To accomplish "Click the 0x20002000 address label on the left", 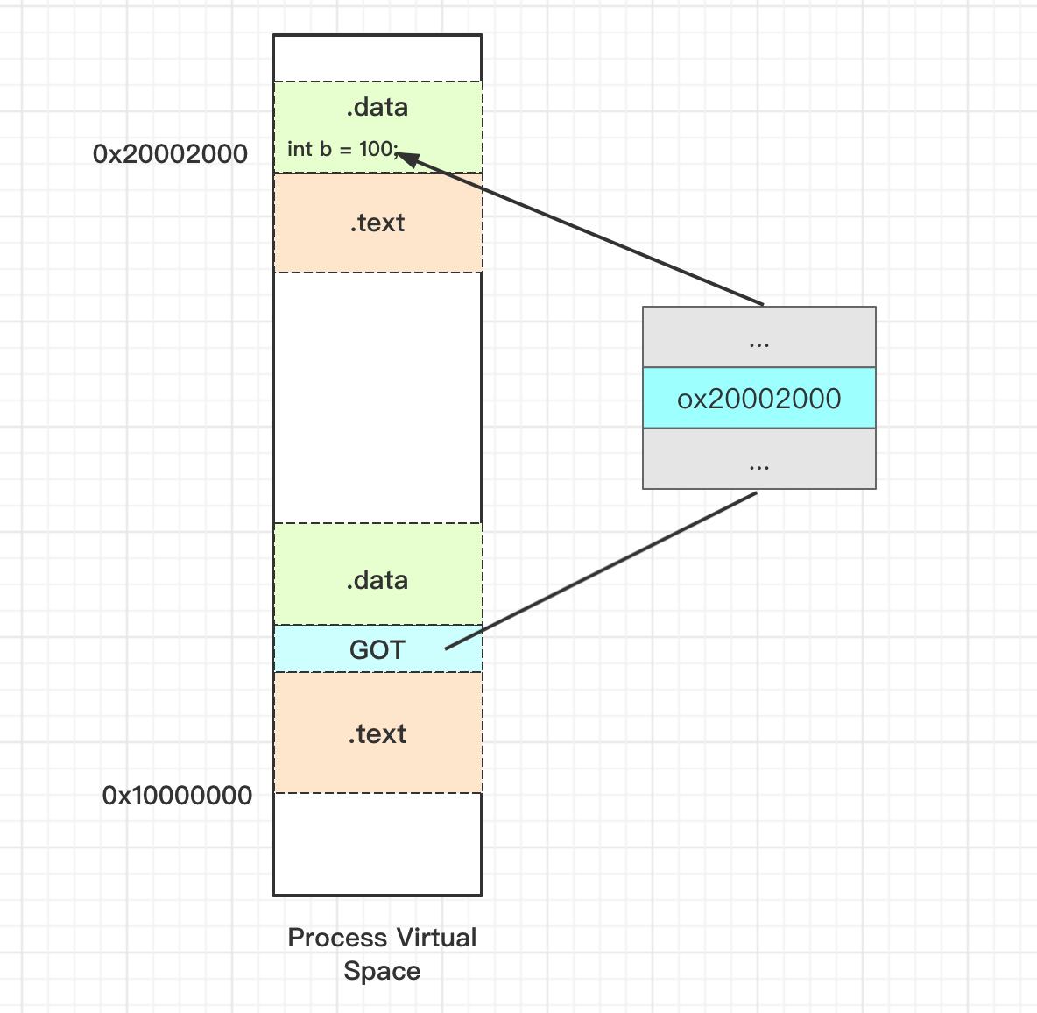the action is (x=170, y=154).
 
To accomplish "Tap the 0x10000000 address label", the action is (x=177, y=796).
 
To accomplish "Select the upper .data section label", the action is (x=377, y=107).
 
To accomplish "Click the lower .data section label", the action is (x=377, y=580).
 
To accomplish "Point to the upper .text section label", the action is (x=377, y=223).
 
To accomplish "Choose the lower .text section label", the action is (x=377, y=733).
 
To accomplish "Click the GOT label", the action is (x=377, y=649).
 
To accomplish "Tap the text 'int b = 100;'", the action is (x=343, y=150).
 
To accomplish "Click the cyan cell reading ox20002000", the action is (x=759, y=399).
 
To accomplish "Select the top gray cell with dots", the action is (x=759, y=337).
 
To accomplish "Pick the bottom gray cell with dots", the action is (x=759, y=459).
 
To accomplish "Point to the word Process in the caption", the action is (x=337, y=938).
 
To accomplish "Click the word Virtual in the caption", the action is (x=436, y=938).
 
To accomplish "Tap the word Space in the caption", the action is (x=382, y=971).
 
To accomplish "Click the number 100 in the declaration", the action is (x=376, y=149).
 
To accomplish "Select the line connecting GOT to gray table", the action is (x=601, y=571).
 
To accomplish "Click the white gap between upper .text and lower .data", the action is (x=377, y=398).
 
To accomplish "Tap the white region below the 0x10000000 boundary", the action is (x=377, y=844).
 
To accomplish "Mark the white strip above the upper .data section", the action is (x=377, y=59).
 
